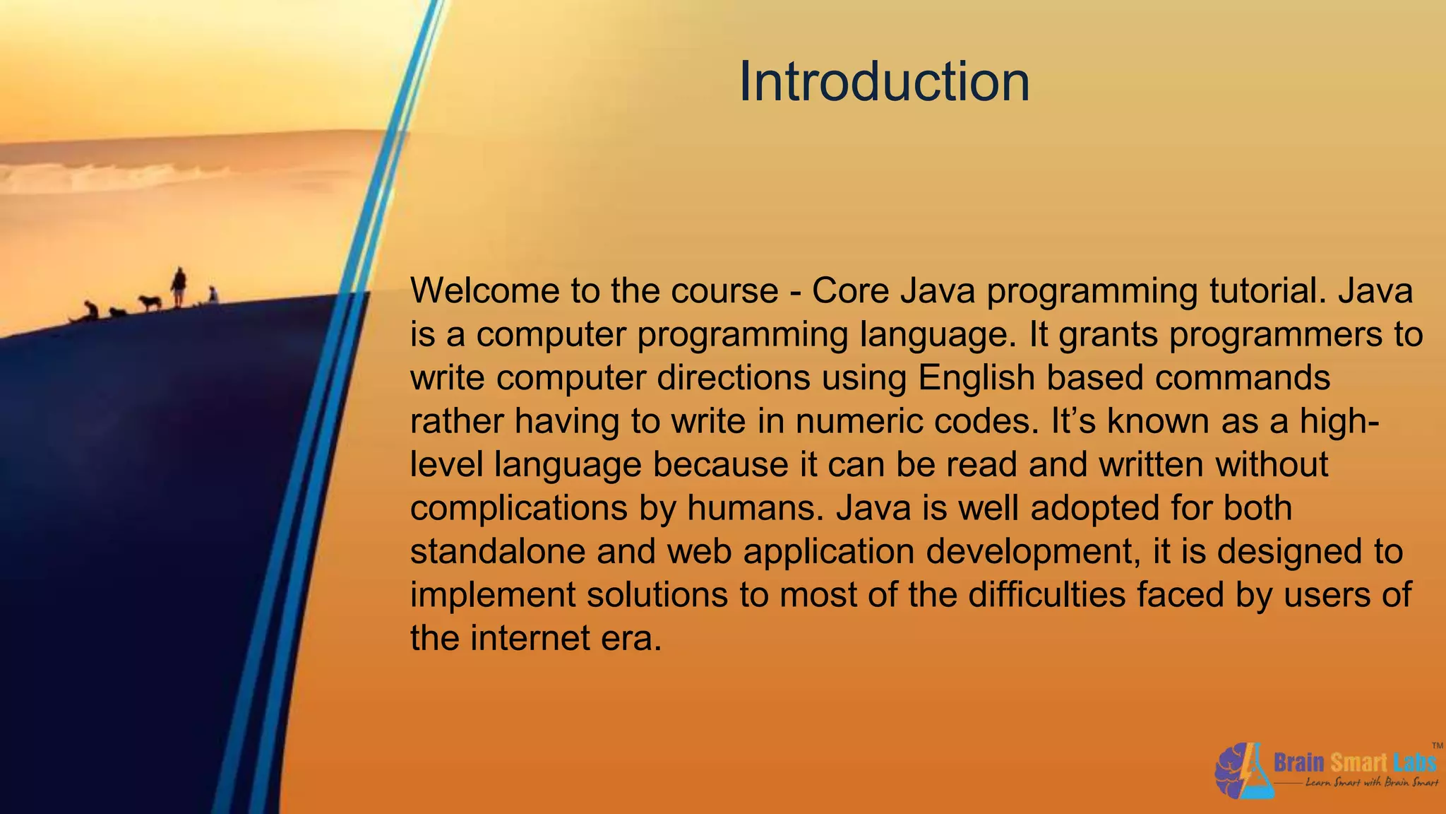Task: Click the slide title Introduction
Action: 884,82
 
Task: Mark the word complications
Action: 519,508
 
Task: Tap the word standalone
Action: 498,551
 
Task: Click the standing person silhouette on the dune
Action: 179,286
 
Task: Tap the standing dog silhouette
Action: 150,302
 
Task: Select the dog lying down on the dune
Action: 117,312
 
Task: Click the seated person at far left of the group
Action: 90,310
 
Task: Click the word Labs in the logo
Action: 1415,762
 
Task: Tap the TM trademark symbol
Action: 1437,745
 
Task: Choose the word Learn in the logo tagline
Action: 1318,782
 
